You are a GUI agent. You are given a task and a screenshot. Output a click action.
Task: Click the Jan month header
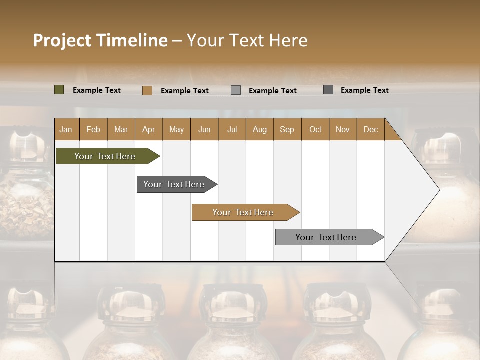tap(66, 130)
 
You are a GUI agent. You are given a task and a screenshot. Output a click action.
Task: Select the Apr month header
tap(148, 130)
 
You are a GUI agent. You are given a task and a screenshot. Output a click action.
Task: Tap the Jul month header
tap(232, 130)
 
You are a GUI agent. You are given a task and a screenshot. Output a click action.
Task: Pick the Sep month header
tap(287, 130)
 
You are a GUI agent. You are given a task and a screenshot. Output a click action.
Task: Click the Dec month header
tap(370, 130)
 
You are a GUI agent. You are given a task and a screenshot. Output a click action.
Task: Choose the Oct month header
tap(315, 130)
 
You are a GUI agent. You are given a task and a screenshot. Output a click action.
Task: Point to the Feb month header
tap(93, 130)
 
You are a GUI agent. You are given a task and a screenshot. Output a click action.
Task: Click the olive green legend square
tap(59, 90)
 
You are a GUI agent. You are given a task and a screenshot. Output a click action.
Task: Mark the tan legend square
tap(147, 90)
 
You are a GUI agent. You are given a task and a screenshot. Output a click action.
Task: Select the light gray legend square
tap(236, 90)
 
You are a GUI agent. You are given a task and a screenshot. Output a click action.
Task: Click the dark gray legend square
tap(328, 90)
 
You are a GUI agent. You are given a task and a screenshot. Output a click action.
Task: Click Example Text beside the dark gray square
tap(364, 90)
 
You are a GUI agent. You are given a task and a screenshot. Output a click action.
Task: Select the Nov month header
tap(342, 130)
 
